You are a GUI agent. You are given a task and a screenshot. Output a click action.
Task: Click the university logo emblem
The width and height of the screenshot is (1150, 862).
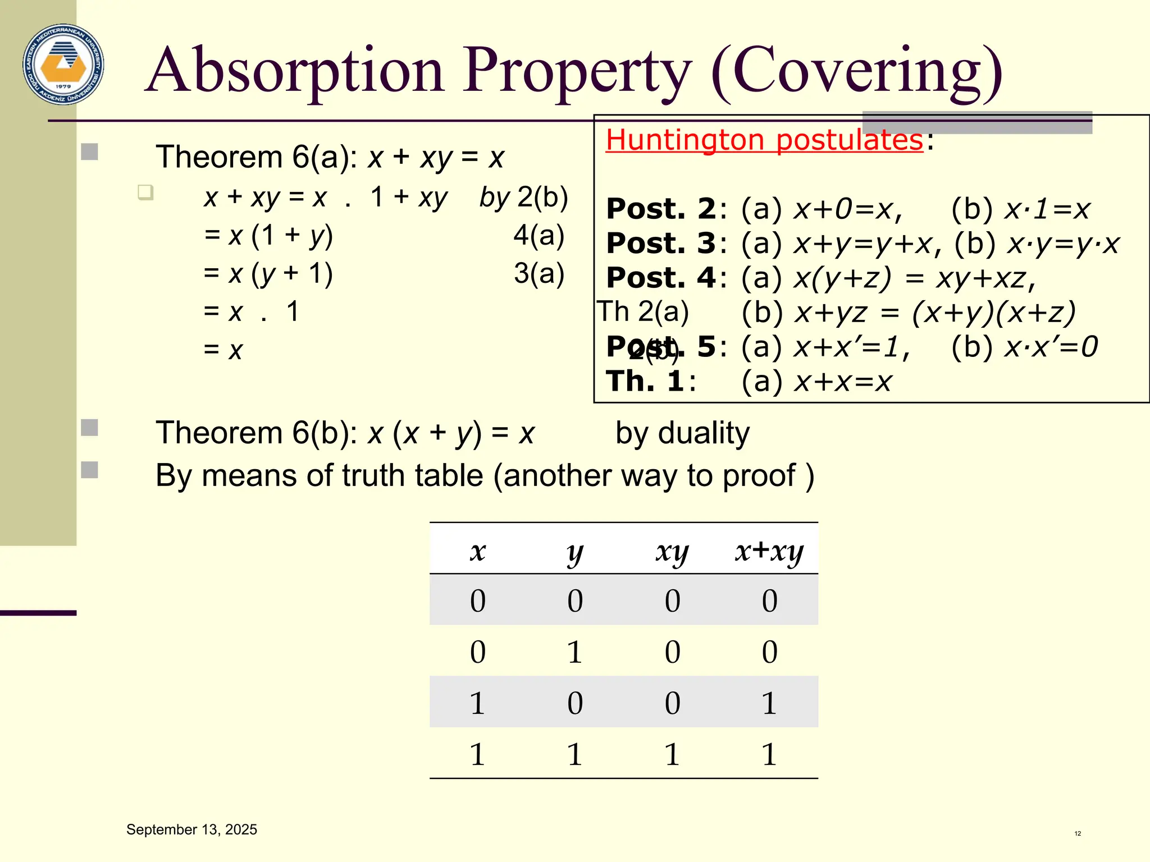(x=63, y=64)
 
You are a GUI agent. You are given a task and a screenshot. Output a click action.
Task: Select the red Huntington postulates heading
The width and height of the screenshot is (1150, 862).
(x=764, y=140)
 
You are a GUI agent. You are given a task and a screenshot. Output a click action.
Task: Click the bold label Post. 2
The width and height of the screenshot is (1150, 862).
(x=661, y=209)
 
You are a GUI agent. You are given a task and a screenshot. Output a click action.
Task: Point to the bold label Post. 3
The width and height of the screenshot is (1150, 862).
(x=661, y=244)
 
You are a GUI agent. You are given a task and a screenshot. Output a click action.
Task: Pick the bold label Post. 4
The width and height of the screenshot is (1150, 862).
(x=661, y=278)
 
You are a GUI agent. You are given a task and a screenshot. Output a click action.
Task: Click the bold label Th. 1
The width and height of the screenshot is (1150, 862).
(x=645, y=382)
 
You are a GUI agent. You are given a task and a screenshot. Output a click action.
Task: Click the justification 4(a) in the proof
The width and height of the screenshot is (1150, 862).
(x=539, y=235)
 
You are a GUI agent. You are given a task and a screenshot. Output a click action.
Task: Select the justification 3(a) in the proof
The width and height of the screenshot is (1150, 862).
(x=539, y=273)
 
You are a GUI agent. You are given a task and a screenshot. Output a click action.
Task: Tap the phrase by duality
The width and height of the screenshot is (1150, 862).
(x=682, y=433)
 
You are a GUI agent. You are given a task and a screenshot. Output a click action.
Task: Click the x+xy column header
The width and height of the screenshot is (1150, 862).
(x=769, y=551)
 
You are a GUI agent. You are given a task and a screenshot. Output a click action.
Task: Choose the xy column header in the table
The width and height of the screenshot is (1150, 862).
(x=672, y=552)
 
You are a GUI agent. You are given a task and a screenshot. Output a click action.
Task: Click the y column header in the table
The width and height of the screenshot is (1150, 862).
(x=575, y=552)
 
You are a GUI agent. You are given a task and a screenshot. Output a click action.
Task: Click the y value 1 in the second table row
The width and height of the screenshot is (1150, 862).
(x=574, y=652)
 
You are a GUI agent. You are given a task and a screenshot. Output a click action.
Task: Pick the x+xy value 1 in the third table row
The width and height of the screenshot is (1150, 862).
(x=769, y=703)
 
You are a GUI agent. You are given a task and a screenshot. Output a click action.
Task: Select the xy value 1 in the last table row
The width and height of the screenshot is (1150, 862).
(x=672, y=754)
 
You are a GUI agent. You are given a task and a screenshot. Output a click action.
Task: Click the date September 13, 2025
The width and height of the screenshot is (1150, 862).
(x=191, y=829)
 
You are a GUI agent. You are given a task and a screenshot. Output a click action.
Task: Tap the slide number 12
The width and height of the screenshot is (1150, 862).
(x=1078, y=833)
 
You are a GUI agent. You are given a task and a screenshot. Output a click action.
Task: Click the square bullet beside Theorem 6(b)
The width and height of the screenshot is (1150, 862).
(x=90, y=428)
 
